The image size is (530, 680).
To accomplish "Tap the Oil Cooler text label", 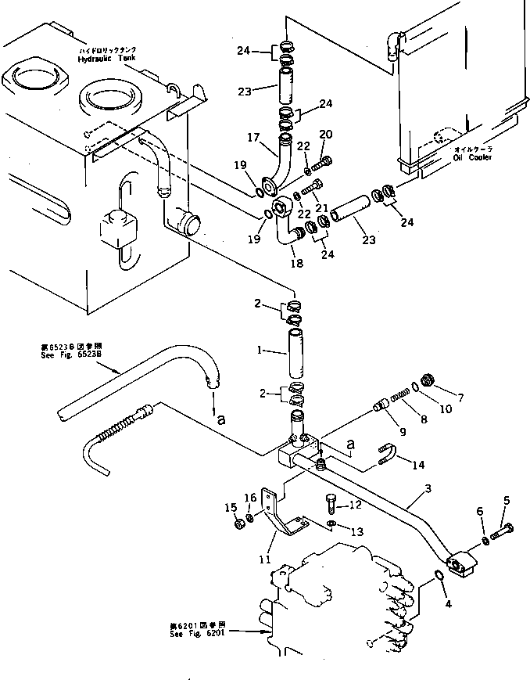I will tap(471, 157).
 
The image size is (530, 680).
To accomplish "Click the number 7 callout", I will tap(460, 398).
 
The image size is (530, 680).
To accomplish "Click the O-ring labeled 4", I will tap(439, 579).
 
